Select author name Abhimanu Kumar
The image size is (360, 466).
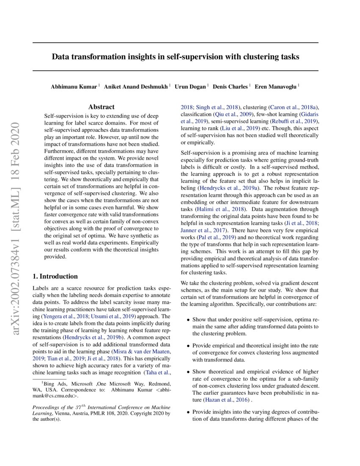click(x=74, y=86)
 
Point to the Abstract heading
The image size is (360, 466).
click(x=101, y=107)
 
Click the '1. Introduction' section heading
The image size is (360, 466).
click(x=55, y=276)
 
